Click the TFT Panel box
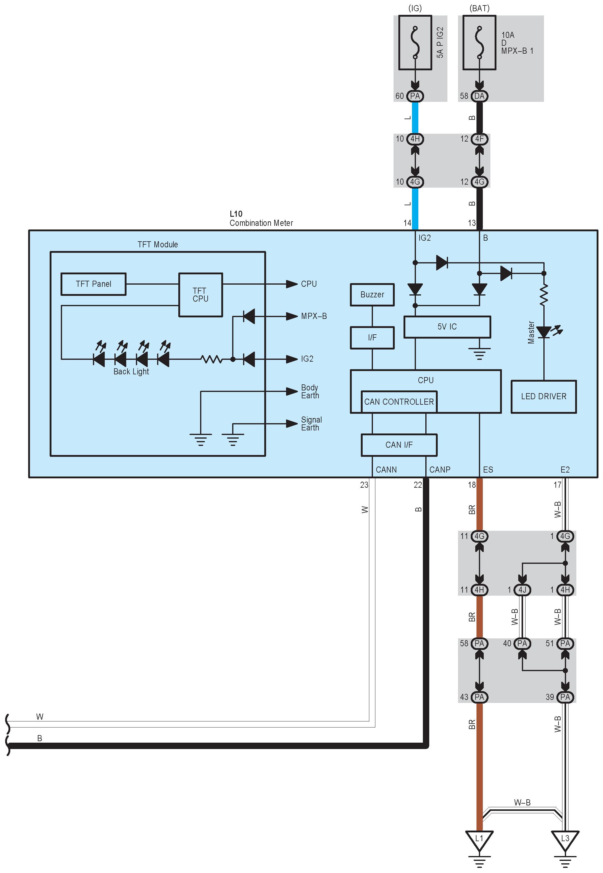pos(93,284)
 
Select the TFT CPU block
pos(200,295)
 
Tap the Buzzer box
pos(372,295)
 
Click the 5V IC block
pos(447,327)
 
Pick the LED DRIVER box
pos(543,396)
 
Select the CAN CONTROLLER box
pos(399,402)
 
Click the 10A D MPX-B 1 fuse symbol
pos(479,43)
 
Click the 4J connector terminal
pos(522,590)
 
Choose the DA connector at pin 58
pos(479,96)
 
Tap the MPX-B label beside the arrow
pos(314,316)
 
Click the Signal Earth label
pos(311,424)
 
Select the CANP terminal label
pos(440,470)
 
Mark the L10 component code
pos(236,214)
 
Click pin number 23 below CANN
pos(364,485)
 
